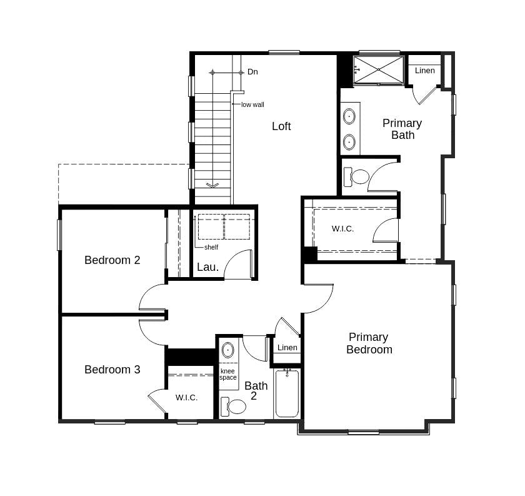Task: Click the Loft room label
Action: [x=281, y=126]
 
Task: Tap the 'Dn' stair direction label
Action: [x=252, y=72]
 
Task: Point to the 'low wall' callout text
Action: [x=252, y=104]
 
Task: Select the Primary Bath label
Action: [x=402, y=129]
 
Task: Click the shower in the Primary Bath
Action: [x=378, y=70]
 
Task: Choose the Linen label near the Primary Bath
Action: [x=424, y=71]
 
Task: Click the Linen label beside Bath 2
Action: [x=287, y=348]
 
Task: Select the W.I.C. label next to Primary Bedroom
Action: [x=342, y=229]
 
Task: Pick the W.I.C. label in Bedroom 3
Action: [x=186, y=398]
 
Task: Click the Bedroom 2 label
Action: [x=112, y=260]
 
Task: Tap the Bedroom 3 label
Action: [x=112, y=370]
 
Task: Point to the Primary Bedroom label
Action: [x=369, y=343]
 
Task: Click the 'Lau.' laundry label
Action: [x=207, y=267]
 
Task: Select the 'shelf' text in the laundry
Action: [x=211, y=247]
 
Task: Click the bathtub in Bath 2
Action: [x=287, y=393]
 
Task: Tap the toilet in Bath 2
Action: [x=235, y=407]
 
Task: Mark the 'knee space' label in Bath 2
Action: [x=228, y=374]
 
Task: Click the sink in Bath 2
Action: [x=228, y=350]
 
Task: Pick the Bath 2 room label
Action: [x=256, y=390]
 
